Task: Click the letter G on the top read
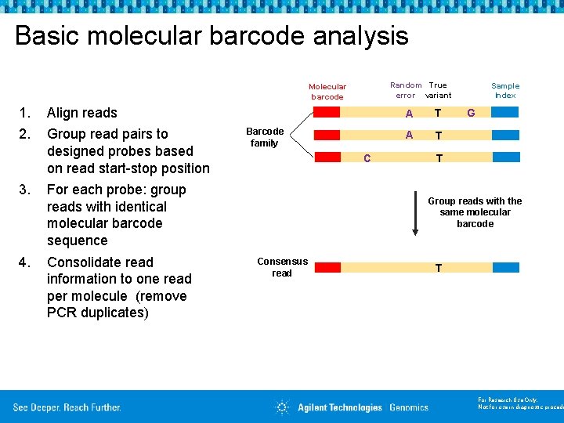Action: click(x=471, y=113)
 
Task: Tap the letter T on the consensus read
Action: click(x=439, y=269)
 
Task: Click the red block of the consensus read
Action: click(x=327, y=267)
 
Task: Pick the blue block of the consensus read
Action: click(x=505, y=267)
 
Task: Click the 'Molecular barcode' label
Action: click(x=327, y=92)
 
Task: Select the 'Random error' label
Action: click(x=406, y=90)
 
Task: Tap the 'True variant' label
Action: click(x=438, y=90)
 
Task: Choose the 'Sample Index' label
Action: click(x=505, y=90)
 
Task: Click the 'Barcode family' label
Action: click(x=265, y=137)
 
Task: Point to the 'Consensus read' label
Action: click(x=282, y=267)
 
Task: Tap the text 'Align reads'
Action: click(x=82, y=113)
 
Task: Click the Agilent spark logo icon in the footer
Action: click(x=282, y=407)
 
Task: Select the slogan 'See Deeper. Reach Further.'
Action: click(x=67, y=407)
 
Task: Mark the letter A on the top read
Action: click(x=409, y=114)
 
